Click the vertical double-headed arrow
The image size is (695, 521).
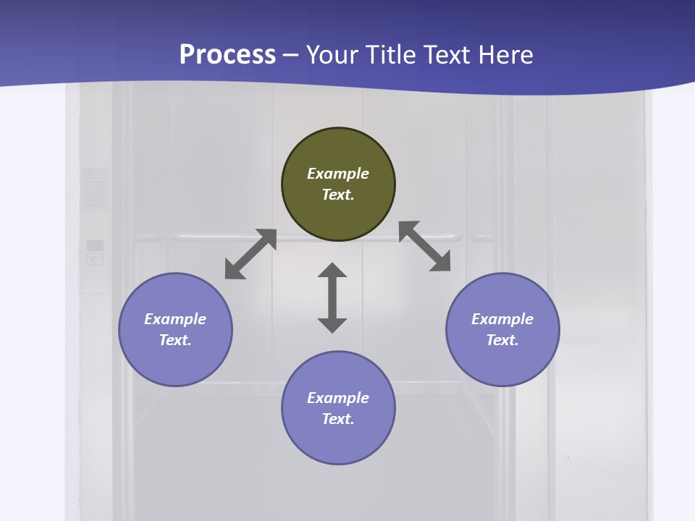(x=332, y=297)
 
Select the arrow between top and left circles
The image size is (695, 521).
(x=250, y=254)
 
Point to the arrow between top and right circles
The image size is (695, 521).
(x=425, y=246)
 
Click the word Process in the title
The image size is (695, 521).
(x=227, y=54)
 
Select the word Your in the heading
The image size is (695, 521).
(x=332, y=54)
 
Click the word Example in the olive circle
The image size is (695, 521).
(x=338, y=174)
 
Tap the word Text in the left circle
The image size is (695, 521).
(x=175, y=340)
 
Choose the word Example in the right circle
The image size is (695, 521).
(x=502, y=319)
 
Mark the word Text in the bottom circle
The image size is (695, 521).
(x=338, y=419)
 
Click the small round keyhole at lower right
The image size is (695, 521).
(x=568, y=457)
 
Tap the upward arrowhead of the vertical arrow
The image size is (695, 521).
(x=332, y=270)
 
